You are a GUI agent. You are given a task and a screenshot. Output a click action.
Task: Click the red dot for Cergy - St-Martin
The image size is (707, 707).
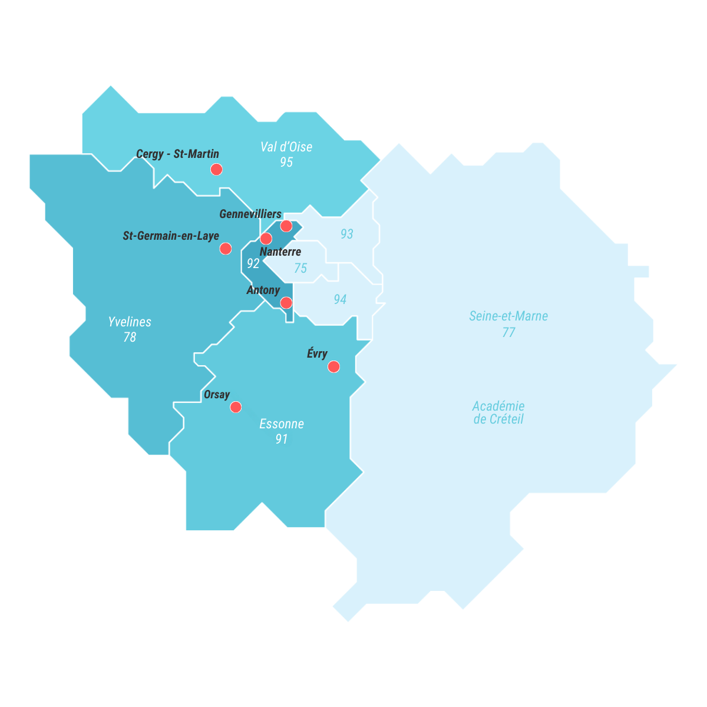pyautogui.click(x=216, y=169)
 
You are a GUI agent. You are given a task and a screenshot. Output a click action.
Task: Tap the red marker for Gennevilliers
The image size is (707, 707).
pyautogui.click(x=286, y=226)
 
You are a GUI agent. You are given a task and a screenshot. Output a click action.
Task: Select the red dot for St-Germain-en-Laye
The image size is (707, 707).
pyautogui.click(x=225, y=249)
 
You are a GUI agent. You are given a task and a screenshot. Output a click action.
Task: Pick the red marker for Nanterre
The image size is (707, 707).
pyautogui.click(x=266, y=239)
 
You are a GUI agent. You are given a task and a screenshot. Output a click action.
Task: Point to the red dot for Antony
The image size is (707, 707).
pyautogui.click(x=286, y=303)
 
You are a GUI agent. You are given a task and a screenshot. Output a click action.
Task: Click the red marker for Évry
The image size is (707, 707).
pyautogui.click(x=333, y=367)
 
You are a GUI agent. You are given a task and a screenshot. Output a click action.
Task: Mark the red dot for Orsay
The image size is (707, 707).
pyautogui.click(x=236, y=407)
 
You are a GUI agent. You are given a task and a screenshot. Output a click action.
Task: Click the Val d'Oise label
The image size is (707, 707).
pyautogui.click(x=286, y=147)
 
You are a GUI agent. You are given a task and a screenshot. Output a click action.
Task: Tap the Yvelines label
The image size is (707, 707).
pyautogui.click(x=130, y=322)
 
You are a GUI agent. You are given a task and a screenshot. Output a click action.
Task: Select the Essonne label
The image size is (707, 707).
pyautogui.click(x=282, y=424)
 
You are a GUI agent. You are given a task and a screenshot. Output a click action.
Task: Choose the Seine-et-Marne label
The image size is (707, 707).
pyautogui.click(x=508, y=316)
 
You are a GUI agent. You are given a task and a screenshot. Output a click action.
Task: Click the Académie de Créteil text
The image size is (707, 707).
pyautogui.click(x=498, y=412)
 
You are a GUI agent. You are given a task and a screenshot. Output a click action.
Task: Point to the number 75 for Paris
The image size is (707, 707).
pyautogui.click(x=300, y=268)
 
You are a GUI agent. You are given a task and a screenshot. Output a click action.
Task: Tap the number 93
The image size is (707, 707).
pyautogui.click(x=347, y=234)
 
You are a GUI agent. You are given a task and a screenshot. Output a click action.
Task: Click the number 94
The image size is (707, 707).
pyautogui.click(x=340, y=299)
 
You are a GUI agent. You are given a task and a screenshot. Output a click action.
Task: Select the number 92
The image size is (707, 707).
pyautogui.click(x=253, y=263)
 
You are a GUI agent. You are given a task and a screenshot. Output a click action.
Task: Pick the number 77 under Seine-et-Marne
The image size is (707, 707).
pyautogui.click(x=508, y=332)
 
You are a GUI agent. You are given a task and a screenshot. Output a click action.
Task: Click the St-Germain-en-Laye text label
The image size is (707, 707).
pyautogui.click(x=171, y=236)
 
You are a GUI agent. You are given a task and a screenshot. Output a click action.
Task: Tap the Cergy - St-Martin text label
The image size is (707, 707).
pyautogui.click(x=177, y=154)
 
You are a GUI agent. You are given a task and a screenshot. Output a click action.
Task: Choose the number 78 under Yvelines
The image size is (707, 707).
pyautogui.click(x=130, y=338)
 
